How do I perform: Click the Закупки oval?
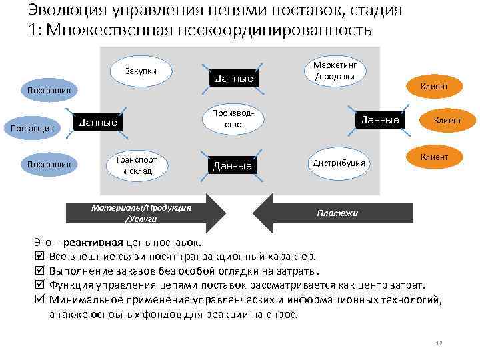tap(141, 71)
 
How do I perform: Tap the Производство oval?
tap(233, 119)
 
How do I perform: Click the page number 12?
tap(438, 343)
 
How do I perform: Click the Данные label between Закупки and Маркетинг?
tap(233, 79)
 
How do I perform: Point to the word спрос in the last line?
tap(283, 315)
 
